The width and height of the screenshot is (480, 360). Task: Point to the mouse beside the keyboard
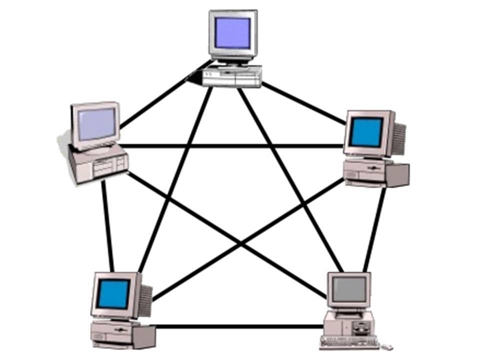click(x=386, y=345)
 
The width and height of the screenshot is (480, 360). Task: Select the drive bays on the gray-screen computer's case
click(x=361, y=328)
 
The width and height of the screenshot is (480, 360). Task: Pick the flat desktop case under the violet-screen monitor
click(x=231, y=76)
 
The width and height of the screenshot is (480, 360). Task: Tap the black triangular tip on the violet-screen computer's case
click(x=191, y=79)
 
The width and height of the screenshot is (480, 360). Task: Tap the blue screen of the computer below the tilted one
click(x=113, y=293)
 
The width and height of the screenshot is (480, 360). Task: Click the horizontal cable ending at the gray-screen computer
click(x=240, y=327)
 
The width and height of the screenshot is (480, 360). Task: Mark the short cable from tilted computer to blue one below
click(x=107, y=225)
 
